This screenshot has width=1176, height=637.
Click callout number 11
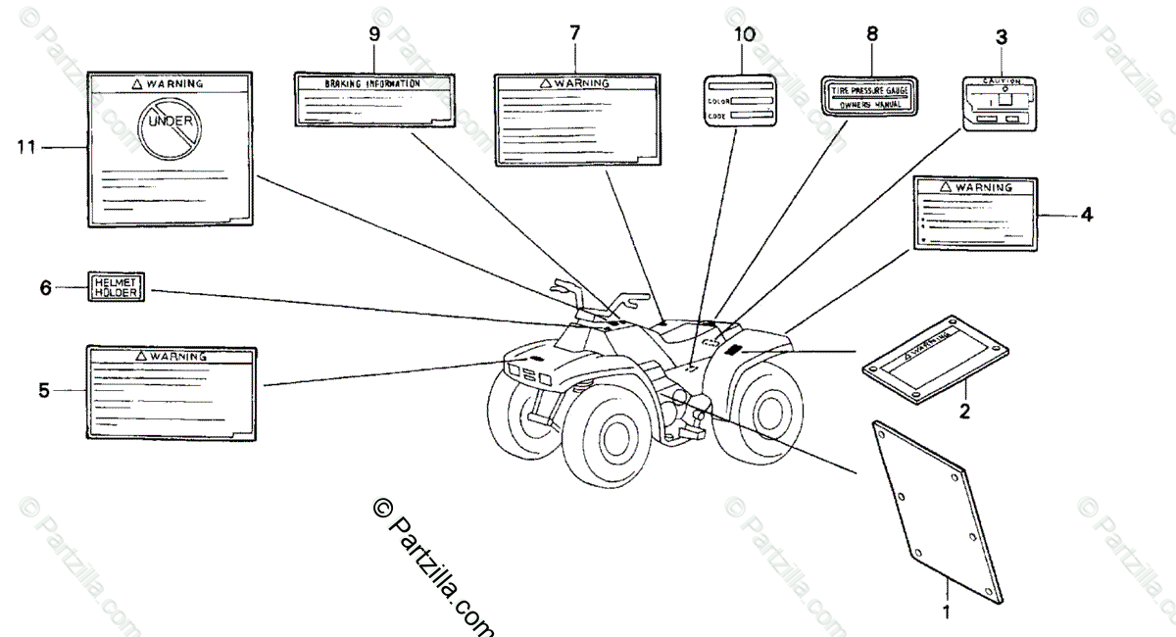(x=25, y=147)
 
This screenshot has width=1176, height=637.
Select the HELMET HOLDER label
(x=115, y=286)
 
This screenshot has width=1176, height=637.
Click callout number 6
(x=44, y=287)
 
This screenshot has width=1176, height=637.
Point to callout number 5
(x=43, y=390)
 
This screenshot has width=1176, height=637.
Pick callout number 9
(x=374, y=33)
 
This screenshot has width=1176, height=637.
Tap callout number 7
(x=574, y=33)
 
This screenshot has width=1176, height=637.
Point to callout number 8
(x=871, y=33)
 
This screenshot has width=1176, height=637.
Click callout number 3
(x=1001, y=37)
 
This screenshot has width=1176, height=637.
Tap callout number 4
(x=1087, y=214)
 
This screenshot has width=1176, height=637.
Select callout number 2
(x=964, y=413)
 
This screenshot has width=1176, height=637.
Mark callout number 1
(x=947, y=613)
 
